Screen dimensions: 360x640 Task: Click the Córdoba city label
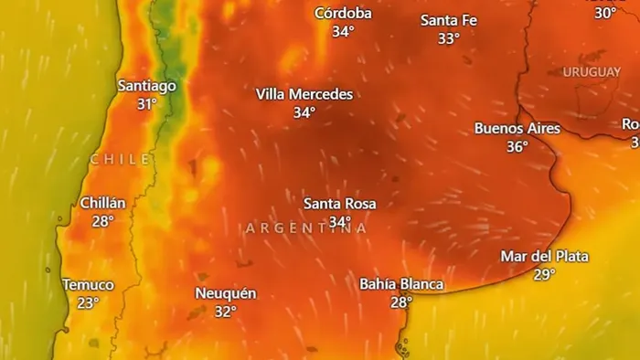[343, 13]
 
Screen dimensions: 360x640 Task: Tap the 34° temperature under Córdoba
[343, 31]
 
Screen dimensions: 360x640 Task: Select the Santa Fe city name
[448, 20]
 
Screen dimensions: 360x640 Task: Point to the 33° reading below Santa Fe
[448, 38]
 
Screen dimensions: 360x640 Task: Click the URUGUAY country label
[592, 71]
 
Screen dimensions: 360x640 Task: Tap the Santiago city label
[147, 85]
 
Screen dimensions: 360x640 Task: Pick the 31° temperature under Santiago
[147, 104]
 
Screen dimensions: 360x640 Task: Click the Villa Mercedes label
[304, 94]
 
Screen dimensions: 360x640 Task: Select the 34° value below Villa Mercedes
[304, 112]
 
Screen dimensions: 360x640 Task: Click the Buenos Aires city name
[517, 128]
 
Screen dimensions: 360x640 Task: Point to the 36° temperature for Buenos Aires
[517, 146]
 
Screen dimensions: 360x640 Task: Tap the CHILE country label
[121, 159]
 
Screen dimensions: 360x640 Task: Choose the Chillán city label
[103, 203]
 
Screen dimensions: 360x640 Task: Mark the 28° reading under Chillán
[102, 221]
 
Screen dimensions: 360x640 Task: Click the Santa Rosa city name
[340, 203]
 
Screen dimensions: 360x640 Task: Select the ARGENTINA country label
[306, 228]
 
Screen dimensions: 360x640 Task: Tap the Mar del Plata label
[545, 256]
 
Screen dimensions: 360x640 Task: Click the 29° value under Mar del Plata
[545, 274]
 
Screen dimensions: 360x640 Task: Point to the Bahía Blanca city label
[401, 284]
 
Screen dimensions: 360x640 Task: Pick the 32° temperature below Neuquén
[226, 312]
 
